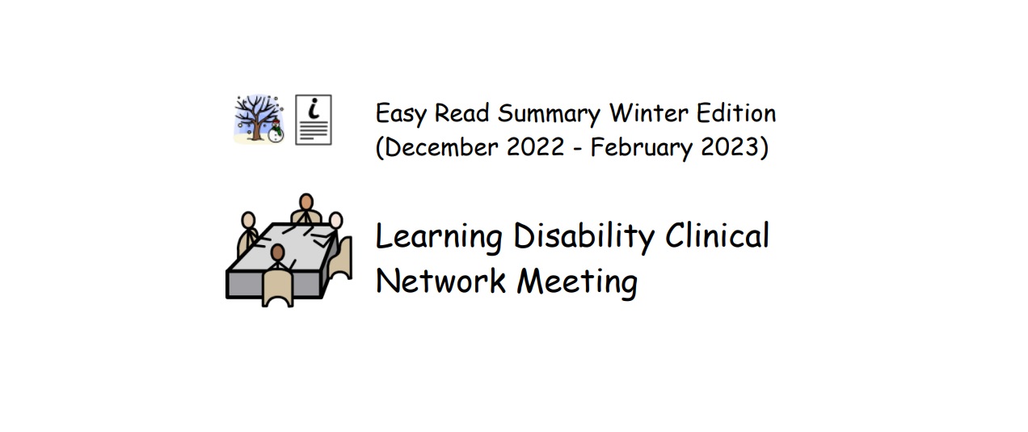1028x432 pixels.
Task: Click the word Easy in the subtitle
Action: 401,113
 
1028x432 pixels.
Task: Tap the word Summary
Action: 549,113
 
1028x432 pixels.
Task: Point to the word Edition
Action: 736,113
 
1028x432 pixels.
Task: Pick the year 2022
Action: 535,147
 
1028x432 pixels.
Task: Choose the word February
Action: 641,148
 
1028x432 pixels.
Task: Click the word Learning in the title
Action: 439,237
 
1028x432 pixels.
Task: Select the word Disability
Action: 584,237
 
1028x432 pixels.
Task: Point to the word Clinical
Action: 717,235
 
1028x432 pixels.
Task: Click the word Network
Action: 440,281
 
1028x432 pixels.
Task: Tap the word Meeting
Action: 577,282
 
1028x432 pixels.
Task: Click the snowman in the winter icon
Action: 276,132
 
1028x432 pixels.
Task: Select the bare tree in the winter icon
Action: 255,116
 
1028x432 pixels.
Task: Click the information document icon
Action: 314,120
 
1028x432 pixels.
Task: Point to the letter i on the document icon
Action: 314,108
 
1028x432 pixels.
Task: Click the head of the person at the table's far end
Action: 306,202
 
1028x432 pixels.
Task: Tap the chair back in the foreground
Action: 278,288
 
